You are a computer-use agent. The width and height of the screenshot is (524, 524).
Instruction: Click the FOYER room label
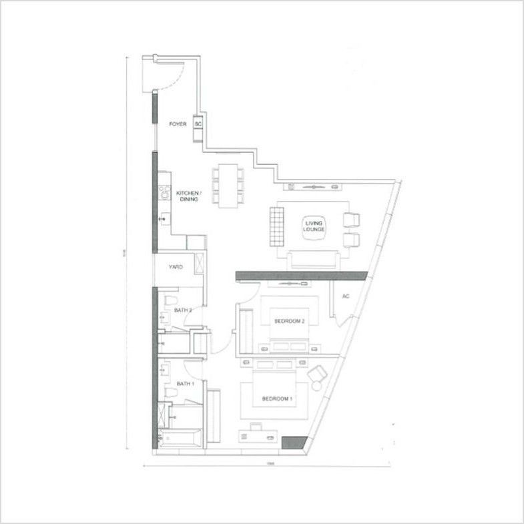pyautogui.click(x=177, y=123)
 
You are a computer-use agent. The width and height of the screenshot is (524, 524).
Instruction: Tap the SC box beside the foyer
pyautogui.click(x=198, y=123)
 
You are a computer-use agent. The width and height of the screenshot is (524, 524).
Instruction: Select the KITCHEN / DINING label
pyautogui.click(x=188, y=196)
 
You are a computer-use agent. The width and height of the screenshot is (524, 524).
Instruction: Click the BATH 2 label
pyautogui.click(x=183, y=310)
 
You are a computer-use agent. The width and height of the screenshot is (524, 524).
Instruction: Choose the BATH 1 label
pyautogui.click(x=185, y=384)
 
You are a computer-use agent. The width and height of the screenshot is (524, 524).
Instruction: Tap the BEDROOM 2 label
pyautogui.click(x=289, y=321)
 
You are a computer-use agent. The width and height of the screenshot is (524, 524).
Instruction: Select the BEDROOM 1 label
pyautogui.click(x=277, y=399)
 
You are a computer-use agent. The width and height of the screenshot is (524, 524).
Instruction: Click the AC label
pyautogui.click(x=346, y=296)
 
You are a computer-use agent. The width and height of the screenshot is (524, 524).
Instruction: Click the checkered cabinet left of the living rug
pyautogui.click(x=273, y=226)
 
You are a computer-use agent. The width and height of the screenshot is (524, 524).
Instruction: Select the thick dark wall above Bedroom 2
pyautogui.click(x=301, y=274)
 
